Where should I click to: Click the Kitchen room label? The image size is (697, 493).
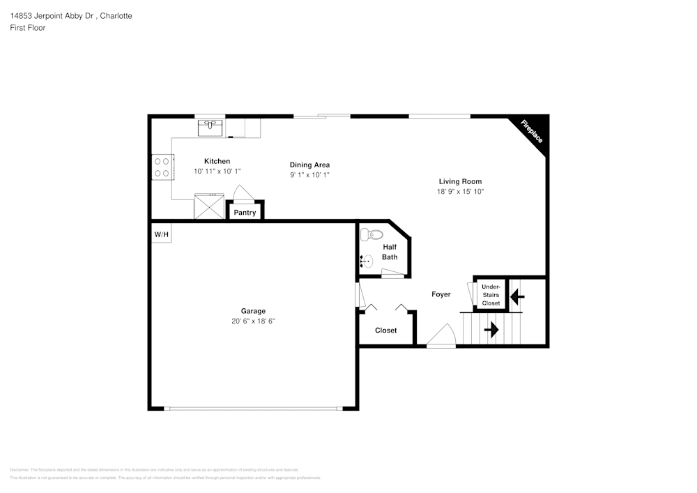coord(217,161)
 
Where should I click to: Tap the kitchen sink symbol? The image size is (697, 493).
coord(210,127)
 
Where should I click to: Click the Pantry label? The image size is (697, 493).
coord(245,213)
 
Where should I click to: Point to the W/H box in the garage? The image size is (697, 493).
coord(161,234)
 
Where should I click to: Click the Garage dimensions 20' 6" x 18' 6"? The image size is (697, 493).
coord(253,321)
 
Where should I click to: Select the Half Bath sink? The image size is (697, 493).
coord(367,262)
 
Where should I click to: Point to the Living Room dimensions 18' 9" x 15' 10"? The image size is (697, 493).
coord(460,191)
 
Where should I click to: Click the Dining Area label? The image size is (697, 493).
coord(309,165)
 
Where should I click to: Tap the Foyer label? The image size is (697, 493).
coord(441,294)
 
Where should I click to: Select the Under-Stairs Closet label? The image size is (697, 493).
coord(491,295)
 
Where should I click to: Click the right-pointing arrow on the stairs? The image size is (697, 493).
coord(491,329)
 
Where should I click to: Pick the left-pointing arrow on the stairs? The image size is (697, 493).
coord(517,297)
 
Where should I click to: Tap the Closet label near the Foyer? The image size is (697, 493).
coord(385,330)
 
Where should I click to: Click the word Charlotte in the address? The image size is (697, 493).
coord(116,15)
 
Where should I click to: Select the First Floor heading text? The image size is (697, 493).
coord(28,28)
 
